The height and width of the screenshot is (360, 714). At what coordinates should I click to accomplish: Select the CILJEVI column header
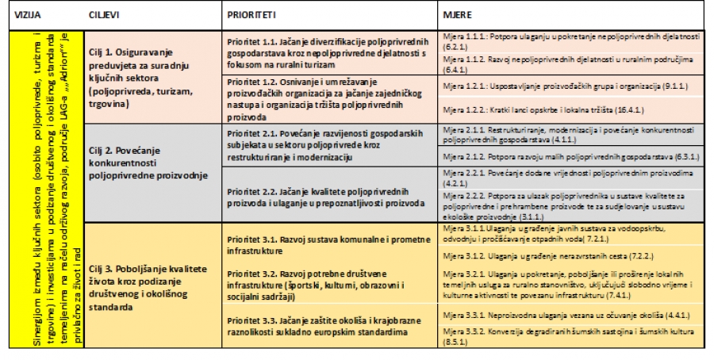[107, 16]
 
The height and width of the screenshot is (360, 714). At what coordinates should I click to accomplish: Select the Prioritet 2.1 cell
[330, 146]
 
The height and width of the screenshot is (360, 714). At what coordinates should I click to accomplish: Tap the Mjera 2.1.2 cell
[572, 157]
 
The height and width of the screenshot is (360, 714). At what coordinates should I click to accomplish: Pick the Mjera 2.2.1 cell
[572, 177]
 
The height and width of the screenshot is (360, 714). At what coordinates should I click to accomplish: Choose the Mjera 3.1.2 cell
[572, 257]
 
